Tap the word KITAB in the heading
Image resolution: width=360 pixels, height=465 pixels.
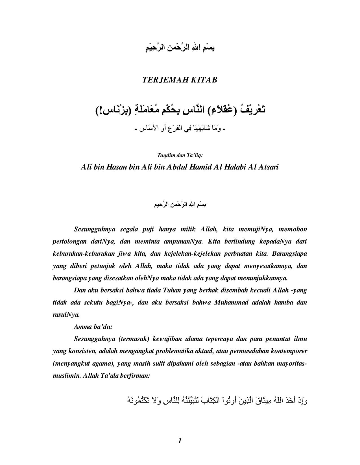204,80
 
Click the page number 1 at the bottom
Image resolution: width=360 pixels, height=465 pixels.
180,441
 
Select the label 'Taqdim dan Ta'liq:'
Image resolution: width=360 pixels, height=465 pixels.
180,155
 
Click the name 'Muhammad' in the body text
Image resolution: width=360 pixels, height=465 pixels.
231,302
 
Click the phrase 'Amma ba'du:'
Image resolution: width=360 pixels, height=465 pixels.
93,327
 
